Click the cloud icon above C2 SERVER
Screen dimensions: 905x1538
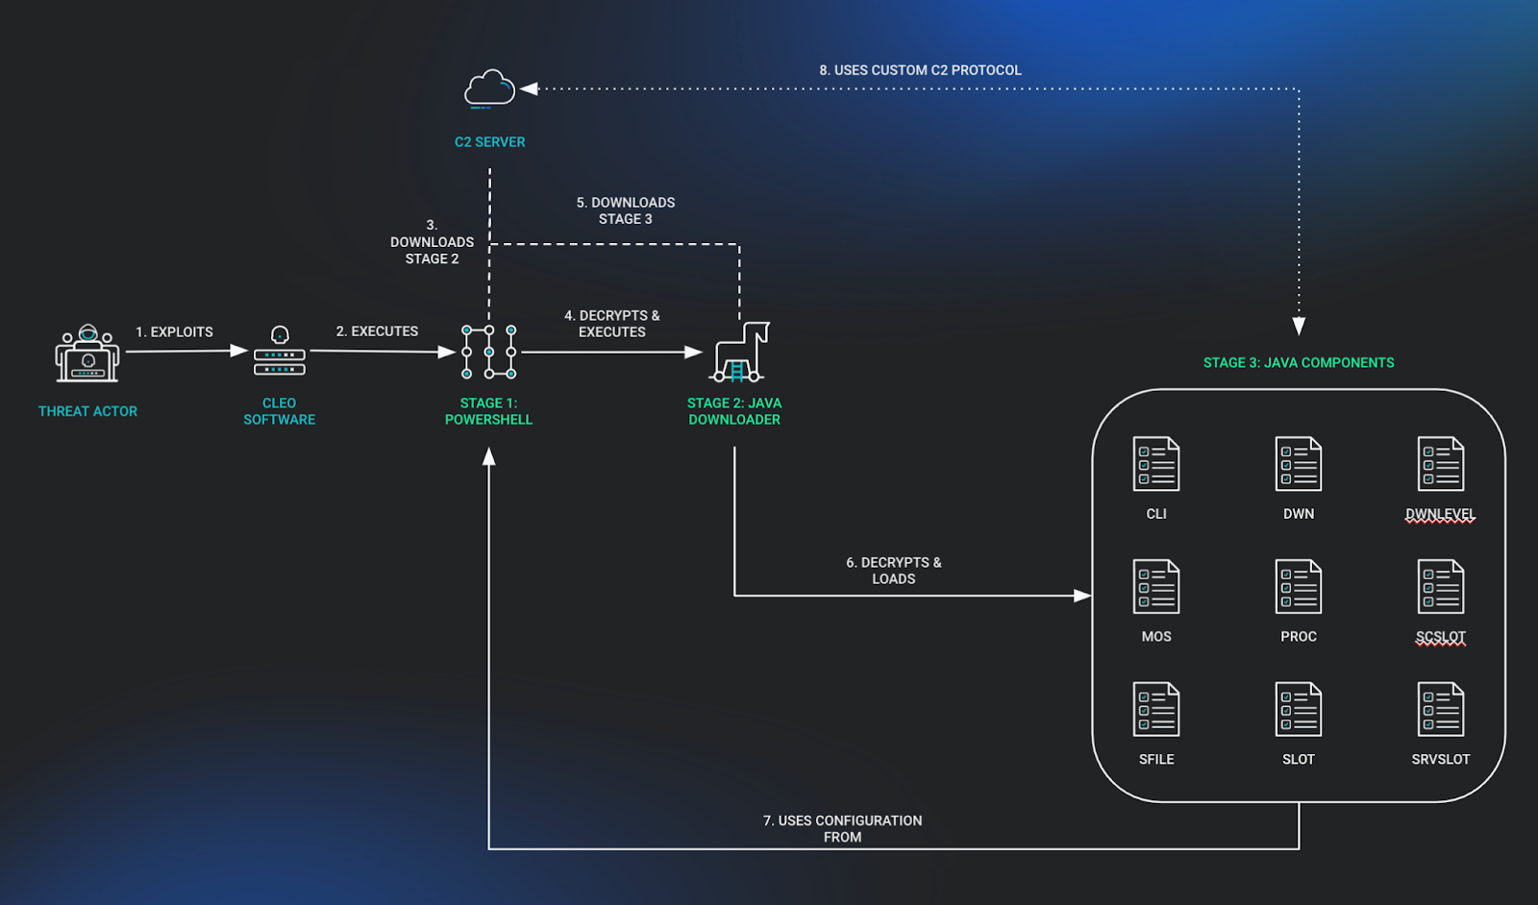point(489,88)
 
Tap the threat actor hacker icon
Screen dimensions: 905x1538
point(87,354)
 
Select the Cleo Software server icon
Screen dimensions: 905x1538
point(280,353)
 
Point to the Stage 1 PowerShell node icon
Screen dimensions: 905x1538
point(488,352)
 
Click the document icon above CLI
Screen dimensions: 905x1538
point(1155,464)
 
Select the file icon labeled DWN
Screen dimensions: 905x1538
point(1298,464)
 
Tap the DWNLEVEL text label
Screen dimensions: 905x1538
point(1439,514)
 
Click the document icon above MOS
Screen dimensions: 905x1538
point(1155,586)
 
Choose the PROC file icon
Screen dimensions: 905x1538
point(1298,586)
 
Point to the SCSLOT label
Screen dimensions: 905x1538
point(1440,637)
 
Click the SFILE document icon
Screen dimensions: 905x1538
point(1155,709)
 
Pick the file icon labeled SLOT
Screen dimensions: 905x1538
point(1298,709)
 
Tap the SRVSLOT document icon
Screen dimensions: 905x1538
point(1440,709)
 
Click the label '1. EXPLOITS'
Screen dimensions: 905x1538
point(174,331)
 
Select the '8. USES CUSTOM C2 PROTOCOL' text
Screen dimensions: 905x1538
point(920,70)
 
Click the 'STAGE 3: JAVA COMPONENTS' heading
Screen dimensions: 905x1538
point(1298,362)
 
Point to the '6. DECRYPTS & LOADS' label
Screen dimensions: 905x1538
point(893,570)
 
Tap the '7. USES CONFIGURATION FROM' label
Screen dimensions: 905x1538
point(842,828)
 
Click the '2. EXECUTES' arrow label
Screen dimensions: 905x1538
point(377,330)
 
